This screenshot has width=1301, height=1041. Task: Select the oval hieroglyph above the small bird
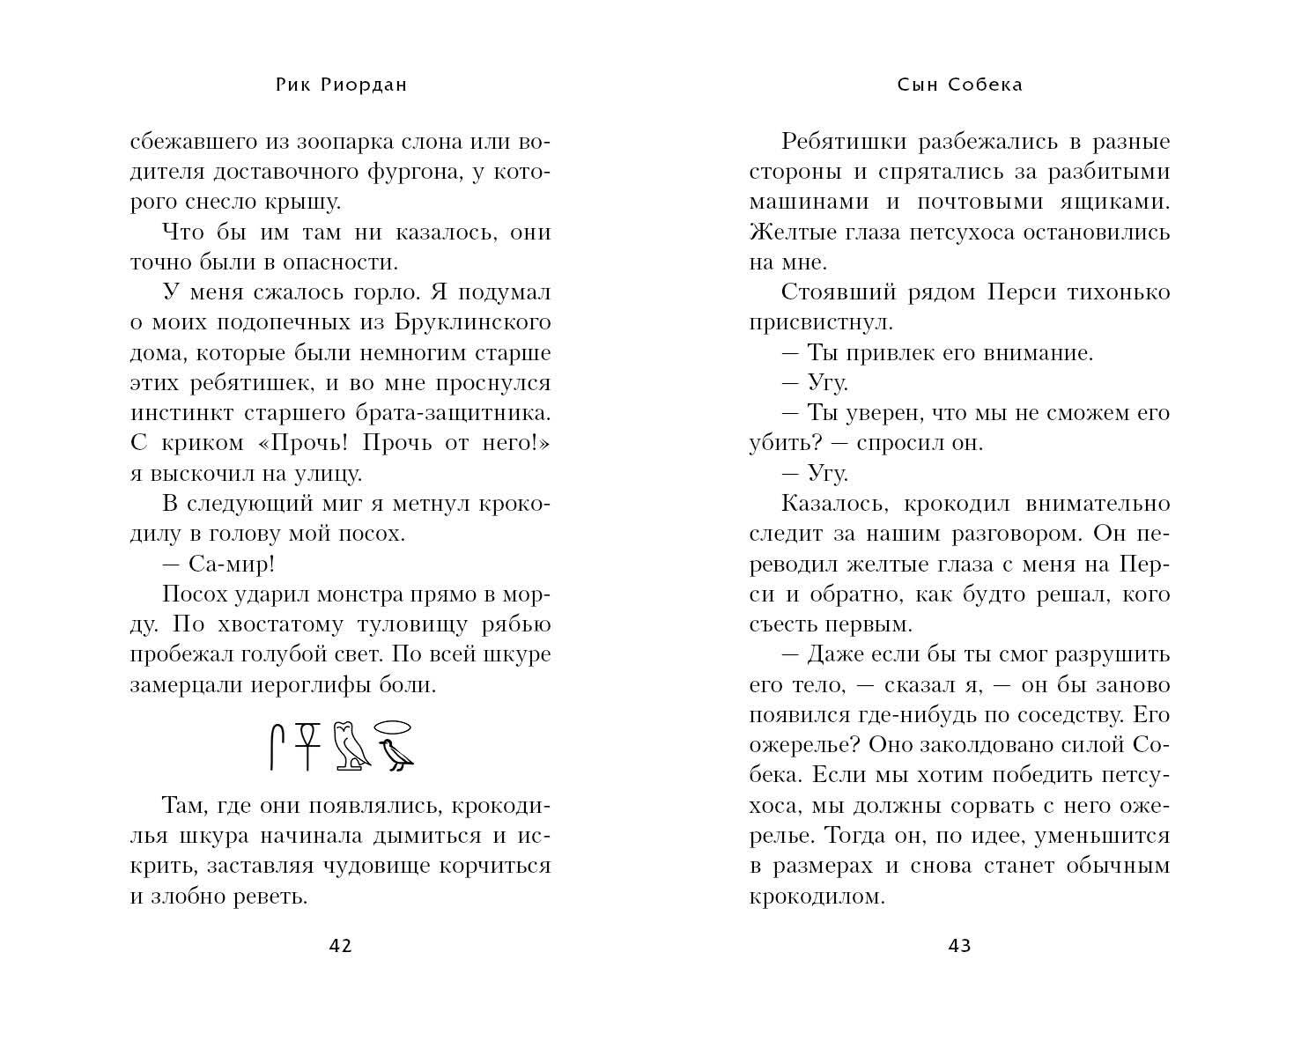click(x=394, y=727)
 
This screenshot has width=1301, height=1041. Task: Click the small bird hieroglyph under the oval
click(x=395, y=756)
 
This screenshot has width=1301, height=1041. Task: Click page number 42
click(x=340, y=946)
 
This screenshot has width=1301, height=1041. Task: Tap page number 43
click(x=959, y=946)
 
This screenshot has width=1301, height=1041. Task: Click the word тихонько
click(x=1118, y=292)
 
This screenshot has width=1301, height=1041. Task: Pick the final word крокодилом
click(x=817, y=897)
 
